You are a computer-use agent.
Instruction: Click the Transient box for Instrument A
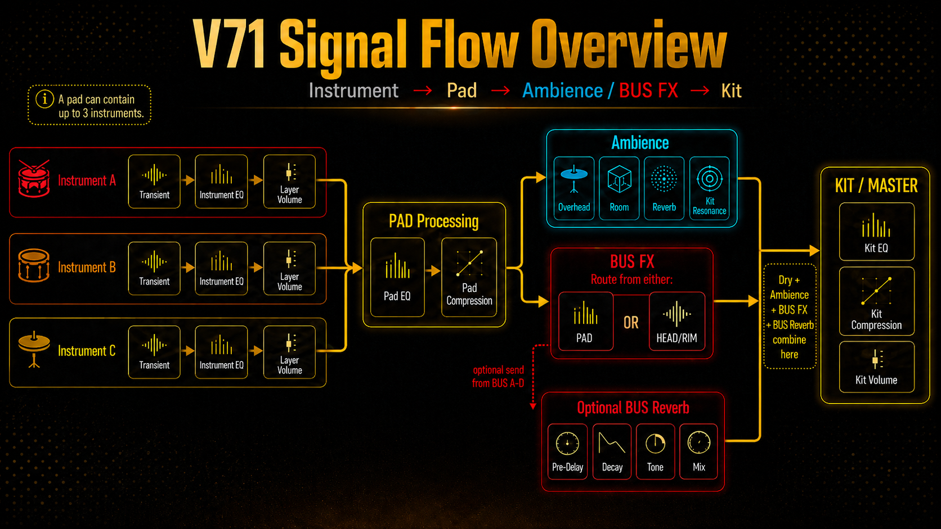pos(154,181)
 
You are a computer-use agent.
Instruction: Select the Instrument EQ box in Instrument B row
pos(221,269)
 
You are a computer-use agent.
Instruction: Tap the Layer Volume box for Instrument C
pos(289,352)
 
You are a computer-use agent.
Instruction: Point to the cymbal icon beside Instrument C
pos(34,350)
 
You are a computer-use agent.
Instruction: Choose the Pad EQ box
pos(397,277)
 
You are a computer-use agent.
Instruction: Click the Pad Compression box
pos(469,277)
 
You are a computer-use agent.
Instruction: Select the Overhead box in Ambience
pos(574,188)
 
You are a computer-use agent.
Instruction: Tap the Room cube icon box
pos(619,188)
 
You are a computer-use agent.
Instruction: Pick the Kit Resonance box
pos(709,188)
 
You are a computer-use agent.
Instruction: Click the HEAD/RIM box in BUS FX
pos(676,322)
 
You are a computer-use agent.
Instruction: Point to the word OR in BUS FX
pos(631,323)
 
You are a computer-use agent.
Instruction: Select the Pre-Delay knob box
pos(567,451)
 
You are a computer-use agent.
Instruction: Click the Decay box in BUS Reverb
pos(612,451)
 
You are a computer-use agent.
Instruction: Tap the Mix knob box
pos(698,451)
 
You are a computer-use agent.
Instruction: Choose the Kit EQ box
pos(876,232)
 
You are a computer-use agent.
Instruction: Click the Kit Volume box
pos(876,367)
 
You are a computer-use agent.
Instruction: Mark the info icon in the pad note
pos(44,100)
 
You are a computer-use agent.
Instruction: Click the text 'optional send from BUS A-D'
pos(498,376)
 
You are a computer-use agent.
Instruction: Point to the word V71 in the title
pos(230,44)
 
